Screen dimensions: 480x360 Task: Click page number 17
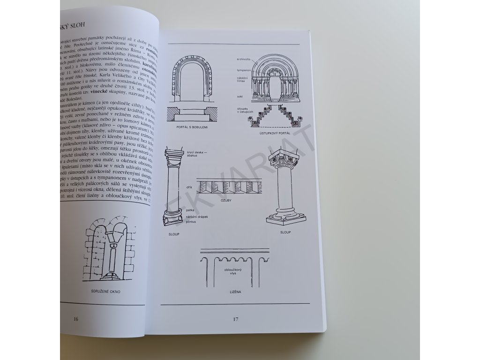(236, 320)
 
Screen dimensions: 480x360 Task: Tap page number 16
(76, 319)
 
